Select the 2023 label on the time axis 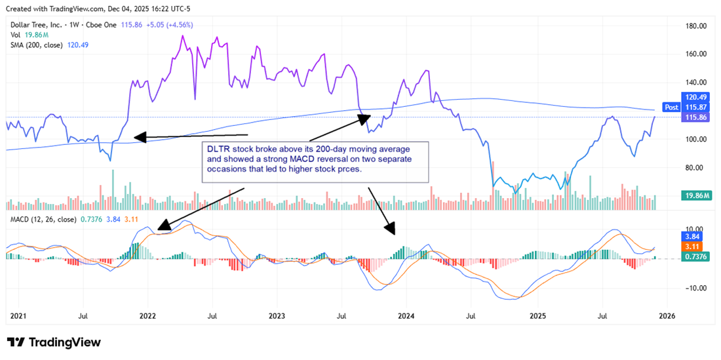(x=277, y=316)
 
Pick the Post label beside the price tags (x=671, y=107)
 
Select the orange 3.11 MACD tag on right (x=693, y=247)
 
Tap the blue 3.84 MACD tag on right (x=693, y=236)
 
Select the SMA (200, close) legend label (x=37, y=45)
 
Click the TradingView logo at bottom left (x=54, y=342)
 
